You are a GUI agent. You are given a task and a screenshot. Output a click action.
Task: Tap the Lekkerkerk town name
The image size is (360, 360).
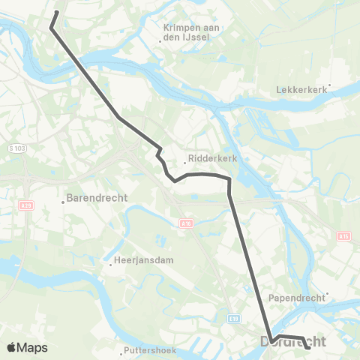302,90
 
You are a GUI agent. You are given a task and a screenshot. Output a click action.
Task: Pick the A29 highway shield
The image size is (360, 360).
26,204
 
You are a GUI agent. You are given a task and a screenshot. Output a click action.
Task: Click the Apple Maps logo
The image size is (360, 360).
27,348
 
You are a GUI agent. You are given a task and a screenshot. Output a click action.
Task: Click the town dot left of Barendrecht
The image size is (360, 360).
62,200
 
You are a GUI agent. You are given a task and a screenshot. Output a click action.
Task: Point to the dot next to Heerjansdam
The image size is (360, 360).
109,262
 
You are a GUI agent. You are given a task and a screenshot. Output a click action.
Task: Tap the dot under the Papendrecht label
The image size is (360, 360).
328,293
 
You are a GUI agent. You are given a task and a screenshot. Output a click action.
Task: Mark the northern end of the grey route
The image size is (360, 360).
57,11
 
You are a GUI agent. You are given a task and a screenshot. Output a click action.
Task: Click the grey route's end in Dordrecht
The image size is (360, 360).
309,347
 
